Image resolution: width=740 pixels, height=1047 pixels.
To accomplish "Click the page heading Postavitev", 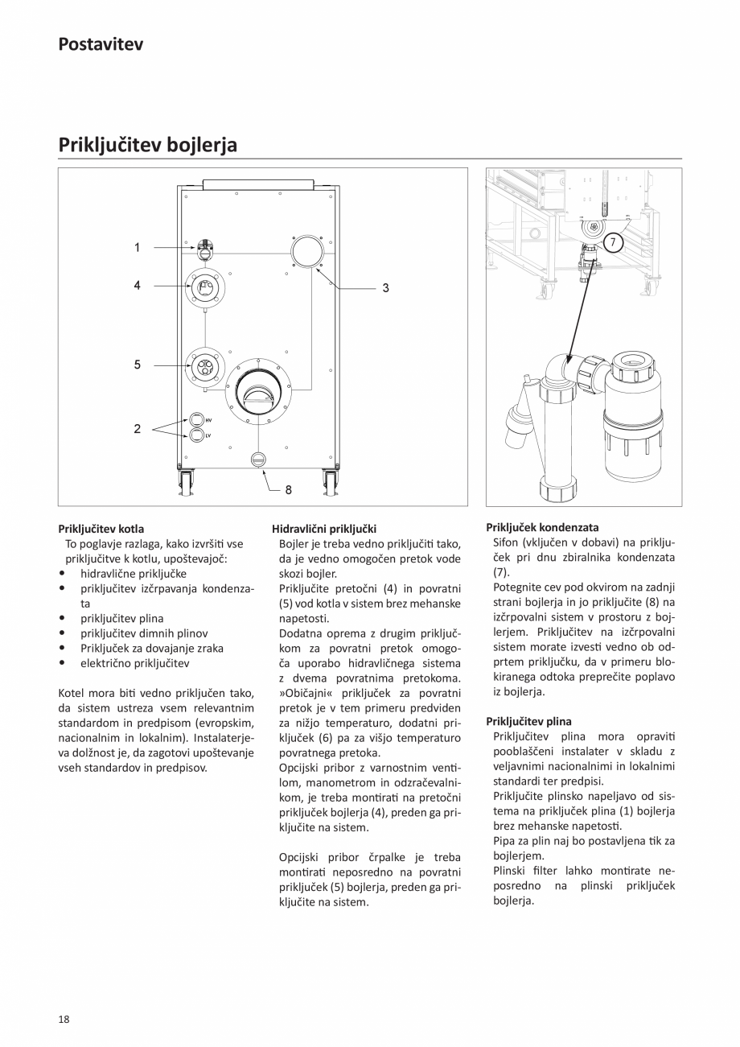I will (101, 44).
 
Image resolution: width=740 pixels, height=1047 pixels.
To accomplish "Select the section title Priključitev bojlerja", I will (147, 145).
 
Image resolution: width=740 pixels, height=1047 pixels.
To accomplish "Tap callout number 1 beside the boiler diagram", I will (137, 248).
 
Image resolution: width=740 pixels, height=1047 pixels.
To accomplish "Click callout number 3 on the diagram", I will (385, 287).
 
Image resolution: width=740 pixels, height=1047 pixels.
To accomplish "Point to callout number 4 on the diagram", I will (137, 286).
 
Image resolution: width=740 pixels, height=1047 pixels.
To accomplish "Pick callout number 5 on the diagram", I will (137, 365).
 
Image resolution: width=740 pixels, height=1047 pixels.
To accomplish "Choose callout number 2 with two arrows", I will (137, 429).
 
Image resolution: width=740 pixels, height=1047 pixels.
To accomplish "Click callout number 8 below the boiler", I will (288, 488).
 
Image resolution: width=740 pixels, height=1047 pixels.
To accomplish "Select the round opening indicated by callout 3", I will (306, 252).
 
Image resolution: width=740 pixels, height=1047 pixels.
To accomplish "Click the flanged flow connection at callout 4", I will (205, 288).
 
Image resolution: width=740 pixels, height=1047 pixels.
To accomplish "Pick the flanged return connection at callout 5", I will (205, 367).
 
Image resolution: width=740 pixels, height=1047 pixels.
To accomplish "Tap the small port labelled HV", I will (195, 419).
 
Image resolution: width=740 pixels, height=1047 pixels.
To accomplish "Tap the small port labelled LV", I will (195, 435).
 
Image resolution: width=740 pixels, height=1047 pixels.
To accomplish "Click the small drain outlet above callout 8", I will (257, 459).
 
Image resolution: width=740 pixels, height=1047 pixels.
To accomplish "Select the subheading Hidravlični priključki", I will (323, 529).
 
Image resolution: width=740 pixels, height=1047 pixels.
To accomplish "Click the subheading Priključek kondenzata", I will (541, 527).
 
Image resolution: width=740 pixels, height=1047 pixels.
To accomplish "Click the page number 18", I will (64, 1019).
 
